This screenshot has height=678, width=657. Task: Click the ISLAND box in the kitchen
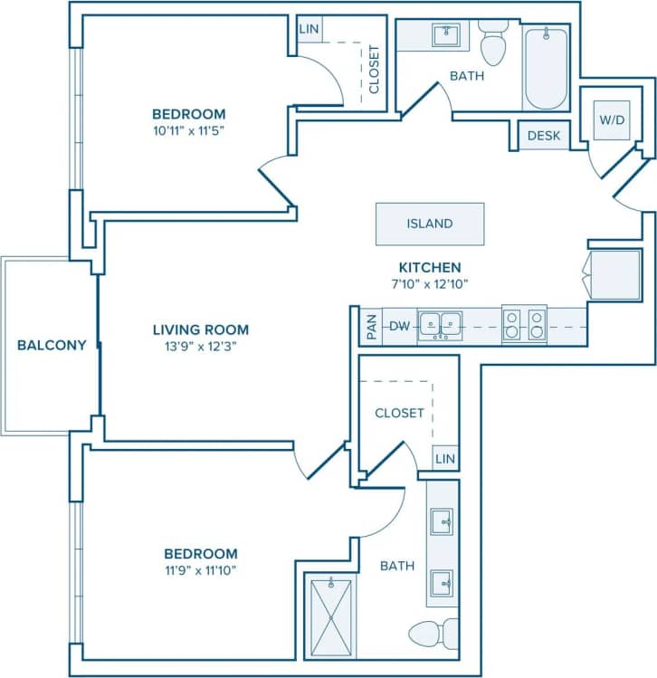(430, 224)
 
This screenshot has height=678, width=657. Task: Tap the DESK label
(543, 136)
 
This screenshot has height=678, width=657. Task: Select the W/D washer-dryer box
(606, 119)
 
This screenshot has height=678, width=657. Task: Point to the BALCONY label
(52, 345)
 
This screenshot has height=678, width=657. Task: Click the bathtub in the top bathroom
(545, 68)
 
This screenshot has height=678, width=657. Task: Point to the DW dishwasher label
(399, 326)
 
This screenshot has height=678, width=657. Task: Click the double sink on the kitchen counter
(440, 325)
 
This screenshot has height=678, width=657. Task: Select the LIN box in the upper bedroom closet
(309, 29)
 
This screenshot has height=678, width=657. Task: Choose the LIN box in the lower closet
(444, 459)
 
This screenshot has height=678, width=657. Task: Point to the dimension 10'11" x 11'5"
(188, 129)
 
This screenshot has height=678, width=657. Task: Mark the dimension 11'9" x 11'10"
(200, 569)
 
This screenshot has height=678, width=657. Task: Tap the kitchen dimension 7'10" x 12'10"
(431, 282)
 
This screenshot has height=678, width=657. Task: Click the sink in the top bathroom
(444, 35)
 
